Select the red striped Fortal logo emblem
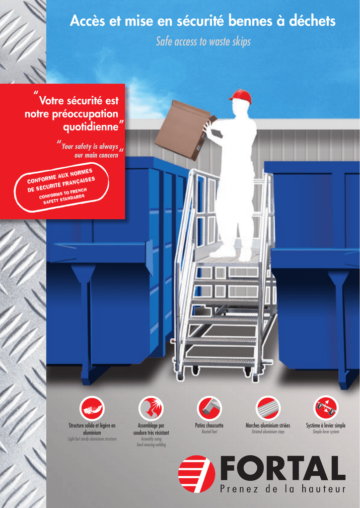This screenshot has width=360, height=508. coord(197,474)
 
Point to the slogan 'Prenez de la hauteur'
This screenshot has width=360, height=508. coord(283,489)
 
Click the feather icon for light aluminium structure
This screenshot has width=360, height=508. coord(92,408)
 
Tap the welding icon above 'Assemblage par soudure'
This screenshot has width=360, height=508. coord(151,408)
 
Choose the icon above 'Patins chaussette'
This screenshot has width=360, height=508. coord(209,408)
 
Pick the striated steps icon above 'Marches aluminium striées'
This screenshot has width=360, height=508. coord(268,408)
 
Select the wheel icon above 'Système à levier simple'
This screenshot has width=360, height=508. coord(326,408)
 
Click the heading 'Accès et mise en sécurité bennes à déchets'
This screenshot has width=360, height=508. coord(203,21)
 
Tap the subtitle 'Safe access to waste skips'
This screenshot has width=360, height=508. coord(204,42)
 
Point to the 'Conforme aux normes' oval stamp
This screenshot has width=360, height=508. coord(61,188)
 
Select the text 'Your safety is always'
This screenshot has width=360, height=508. coord(89,146)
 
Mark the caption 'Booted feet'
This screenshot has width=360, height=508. coord(209,432)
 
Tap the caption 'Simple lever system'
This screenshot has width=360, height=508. coord(326,432)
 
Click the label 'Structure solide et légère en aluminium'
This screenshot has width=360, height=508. coord(92,429)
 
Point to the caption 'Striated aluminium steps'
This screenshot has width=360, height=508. coord(268,432)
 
